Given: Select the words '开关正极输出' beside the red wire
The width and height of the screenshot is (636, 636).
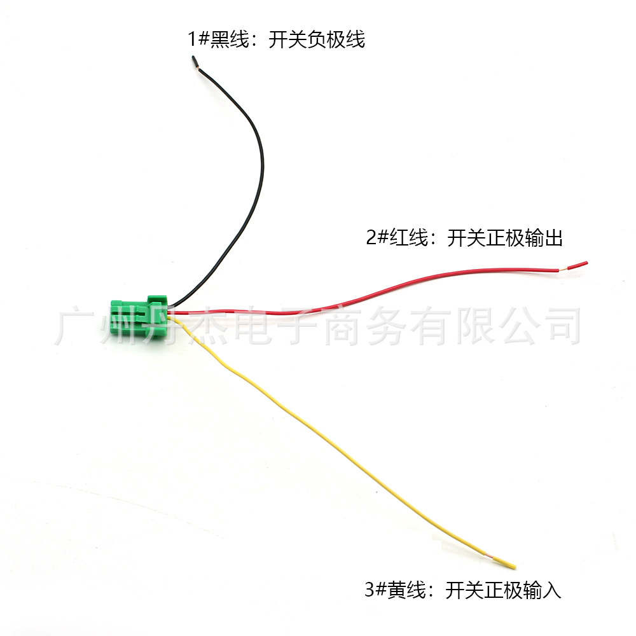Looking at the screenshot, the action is (x=505, y=239).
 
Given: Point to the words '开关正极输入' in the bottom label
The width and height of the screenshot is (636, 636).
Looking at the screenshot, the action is (x=504, y=590).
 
